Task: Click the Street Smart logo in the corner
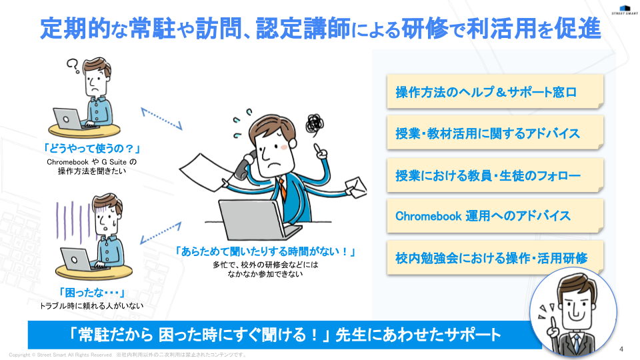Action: (x=625, y=10)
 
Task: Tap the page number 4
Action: (x=621, y=349)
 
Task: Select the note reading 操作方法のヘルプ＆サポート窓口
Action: (x=495, y=91)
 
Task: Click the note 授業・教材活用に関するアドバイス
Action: (x=495, y=133)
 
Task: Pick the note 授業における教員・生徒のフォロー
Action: (x=495, y=175)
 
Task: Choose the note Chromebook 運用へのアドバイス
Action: (x=495, y=215)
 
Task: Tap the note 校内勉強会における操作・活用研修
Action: (x=495, y=257)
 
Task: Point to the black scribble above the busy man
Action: (x=315, y=125)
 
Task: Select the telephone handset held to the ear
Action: (x=244, y=165)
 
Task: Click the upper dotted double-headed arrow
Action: (x=161, y=119)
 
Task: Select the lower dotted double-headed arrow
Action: (x=161, y=233)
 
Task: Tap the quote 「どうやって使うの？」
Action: (x=92, y=149)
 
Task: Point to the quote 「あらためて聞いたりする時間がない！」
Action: (x=265, y=251)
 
